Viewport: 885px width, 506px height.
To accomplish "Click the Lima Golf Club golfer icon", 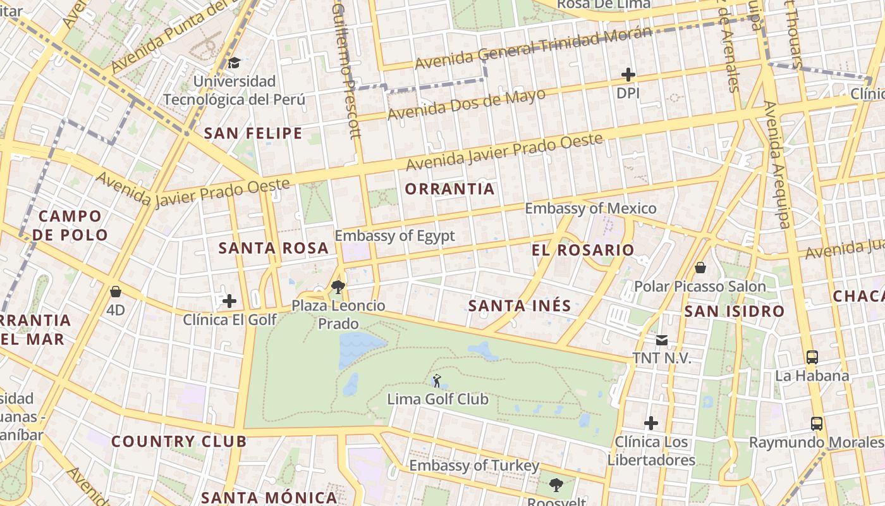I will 436,381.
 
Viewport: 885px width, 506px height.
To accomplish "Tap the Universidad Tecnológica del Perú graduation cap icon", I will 234,63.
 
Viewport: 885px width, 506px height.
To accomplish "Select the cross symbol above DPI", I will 628,75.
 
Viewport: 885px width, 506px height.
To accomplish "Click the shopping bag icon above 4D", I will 115,292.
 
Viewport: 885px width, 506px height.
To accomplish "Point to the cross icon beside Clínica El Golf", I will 229,301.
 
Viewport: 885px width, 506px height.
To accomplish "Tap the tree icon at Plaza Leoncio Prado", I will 338,287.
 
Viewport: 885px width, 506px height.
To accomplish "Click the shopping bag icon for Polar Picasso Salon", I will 700,268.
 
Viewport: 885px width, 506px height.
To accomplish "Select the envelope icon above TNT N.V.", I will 661,340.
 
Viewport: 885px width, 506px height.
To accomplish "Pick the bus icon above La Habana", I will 812,357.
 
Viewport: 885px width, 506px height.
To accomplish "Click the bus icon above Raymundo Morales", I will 817,423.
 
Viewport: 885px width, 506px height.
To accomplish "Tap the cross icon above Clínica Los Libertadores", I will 651,423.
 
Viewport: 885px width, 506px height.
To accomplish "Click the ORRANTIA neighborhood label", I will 449,189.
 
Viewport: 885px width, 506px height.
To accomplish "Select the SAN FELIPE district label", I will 253,133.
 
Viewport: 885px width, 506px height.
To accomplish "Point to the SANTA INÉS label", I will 520,306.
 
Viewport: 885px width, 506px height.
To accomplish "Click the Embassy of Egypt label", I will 394,236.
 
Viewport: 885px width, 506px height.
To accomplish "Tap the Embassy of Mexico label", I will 590,208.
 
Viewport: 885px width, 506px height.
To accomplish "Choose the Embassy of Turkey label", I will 474,466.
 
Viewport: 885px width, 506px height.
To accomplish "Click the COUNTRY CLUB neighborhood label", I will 179,441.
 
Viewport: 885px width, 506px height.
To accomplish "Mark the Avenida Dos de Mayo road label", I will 466,105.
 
